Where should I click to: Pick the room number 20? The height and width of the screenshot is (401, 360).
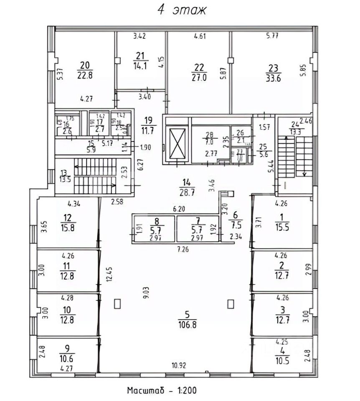tap(85, 65)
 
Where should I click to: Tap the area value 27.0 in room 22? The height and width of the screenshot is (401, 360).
tap(200, 77)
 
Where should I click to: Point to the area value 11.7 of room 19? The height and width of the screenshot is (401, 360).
tap(148, 129)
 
